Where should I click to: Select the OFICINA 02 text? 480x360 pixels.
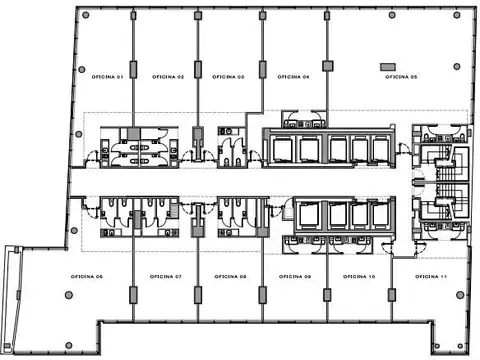[167, 77]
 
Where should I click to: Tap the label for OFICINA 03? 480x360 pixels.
[228, 77]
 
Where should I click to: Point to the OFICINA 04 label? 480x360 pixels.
[292, 77]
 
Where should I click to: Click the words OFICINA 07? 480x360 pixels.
[165, 275]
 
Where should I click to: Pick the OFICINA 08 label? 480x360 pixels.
[229, 275]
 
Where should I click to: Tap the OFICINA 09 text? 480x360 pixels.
[294, 275]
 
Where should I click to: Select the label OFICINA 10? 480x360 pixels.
[359, 275]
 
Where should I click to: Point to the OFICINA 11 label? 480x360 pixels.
[428, 275]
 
